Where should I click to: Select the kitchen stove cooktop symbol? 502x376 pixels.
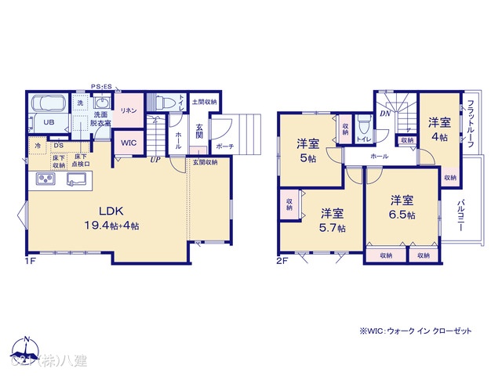(x=45, y=181)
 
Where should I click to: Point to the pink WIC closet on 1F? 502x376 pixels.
(x=128, y=143)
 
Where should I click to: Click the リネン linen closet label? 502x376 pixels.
(x=129, y=111)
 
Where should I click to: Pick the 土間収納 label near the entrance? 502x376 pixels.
(x=205, y=102)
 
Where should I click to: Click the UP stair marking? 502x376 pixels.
(x=155, y=160)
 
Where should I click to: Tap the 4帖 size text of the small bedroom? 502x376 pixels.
(x=438, y=137)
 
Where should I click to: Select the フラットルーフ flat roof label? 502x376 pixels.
(x=468, y=124)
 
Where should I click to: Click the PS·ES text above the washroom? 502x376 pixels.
(x=102, y=86)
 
